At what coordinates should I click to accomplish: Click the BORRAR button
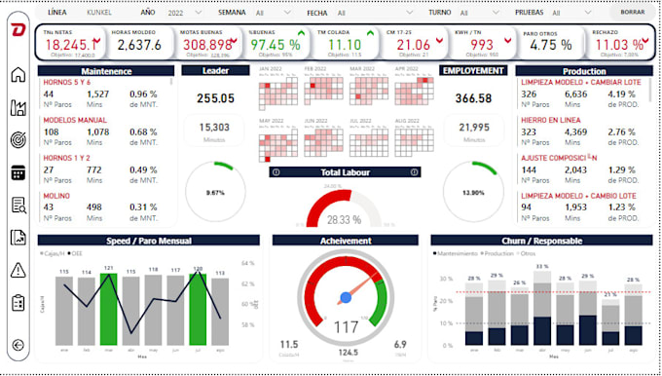633,12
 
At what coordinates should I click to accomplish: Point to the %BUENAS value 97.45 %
274,45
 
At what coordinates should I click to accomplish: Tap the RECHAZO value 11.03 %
618,45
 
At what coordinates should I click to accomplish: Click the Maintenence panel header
107,72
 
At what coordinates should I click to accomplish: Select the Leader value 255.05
215,98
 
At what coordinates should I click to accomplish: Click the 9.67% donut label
215,193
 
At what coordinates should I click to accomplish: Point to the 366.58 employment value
473,98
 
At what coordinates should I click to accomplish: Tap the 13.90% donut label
473,193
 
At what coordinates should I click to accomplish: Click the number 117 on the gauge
346,325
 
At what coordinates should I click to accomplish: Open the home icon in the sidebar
18,76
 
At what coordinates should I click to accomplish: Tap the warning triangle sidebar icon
18,270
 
